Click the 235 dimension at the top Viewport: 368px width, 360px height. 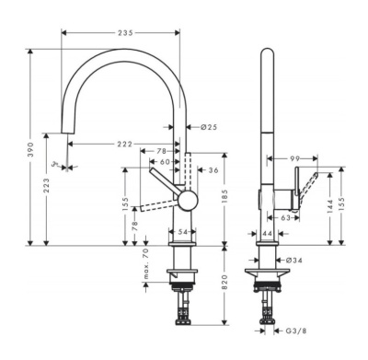point(123,33)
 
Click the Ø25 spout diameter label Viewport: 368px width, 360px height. point(208,126)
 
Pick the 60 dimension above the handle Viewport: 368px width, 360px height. point(164,162)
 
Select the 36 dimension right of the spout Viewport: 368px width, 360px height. point(213,170)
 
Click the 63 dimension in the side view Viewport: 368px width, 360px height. point(284,219)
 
